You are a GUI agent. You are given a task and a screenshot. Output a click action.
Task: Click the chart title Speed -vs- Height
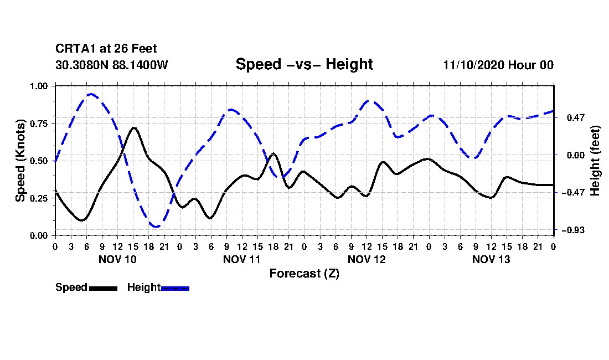pyautogui.click(x=304, y=64)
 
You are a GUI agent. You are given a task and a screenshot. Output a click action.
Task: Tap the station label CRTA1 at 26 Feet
pyautogui.click(x=106, y=49)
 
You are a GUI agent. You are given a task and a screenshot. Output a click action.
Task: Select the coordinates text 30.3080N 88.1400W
pyautogui.click(x=111, y=65)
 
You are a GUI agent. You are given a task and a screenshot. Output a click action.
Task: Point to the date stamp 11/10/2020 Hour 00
pyautogui.click(x=498, y=65)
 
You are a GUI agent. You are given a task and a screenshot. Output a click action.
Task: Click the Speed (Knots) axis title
pyautogui.click(x=20, y=161)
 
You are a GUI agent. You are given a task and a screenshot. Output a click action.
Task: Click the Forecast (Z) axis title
pyautogui.click(x=304, y=273)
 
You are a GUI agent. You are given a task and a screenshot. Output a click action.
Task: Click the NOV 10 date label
pyautogui.click(x=117, y=259)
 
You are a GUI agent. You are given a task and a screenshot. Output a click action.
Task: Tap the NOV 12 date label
pyautogui.click(x=367, y=259)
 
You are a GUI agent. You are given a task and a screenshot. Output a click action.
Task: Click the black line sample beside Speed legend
pyautogui.click(x=103, y=288)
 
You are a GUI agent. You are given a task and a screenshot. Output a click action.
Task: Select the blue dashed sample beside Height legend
pyautogui.click(x=175, y=288)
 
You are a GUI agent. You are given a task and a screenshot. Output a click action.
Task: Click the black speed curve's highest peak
pyautogui.click(x=133, y=128)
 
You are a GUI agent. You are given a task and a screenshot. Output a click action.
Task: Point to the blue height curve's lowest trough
pyautogui.click(x=157, y=227)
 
